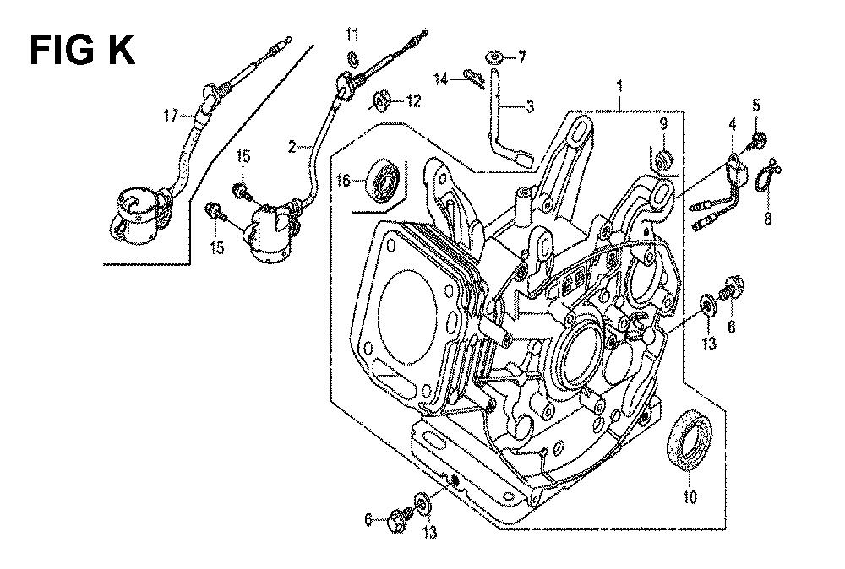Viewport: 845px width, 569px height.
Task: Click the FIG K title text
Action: click(82, 50)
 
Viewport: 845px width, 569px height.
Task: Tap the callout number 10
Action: click(691, 497)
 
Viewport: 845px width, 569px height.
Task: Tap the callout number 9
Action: click(663, 124)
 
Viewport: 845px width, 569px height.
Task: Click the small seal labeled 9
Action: click(663, 157)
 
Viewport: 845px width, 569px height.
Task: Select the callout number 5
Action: click(756, 106)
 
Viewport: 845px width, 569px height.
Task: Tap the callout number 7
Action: click(521, 57)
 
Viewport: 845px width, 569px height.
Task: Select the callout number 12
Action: click(412, 101)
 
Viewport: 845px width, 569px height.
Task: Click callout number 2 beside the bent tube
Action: click(292, 147)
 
